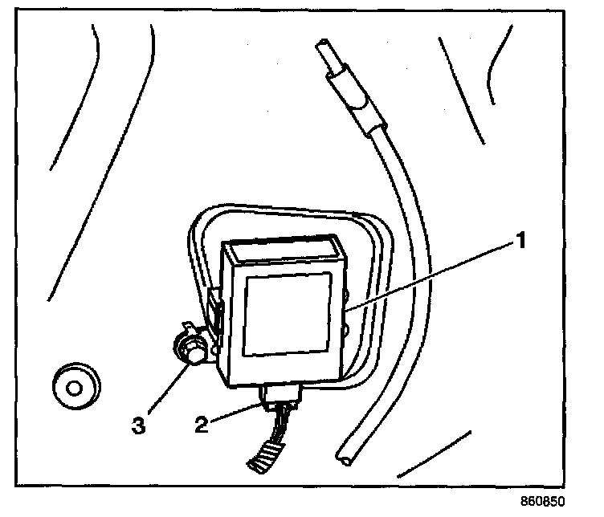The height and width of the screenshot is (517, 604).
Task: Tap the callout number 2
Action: [x=202, y=423]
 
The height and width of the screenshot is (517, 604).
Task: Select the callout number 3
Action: [x=139, y=423]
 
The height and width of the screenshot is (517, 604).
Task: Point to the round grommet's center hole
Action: [x=75, y=387]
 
